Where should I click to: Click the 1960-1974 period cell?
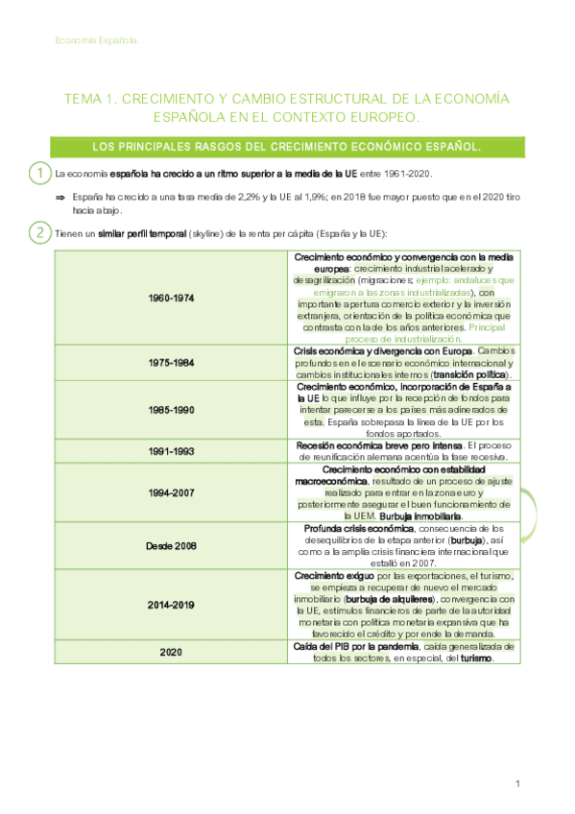tap(172, 299)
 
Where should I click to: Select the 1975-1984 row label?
tap(172, 363)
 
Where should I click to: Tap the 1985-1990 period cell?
tap(172, 409)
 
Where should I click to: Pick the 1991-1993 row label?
tap(172, 451)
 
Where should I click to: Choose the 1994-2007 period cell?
tap(172, 492)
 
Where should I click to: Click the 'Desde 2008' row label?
tap(172, 545)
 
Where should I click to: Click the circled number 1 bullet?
tap(39, 174)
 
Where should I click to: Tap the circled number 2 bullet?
tap(39, 233)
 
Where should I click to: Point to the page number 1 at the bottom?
tap(517, 784)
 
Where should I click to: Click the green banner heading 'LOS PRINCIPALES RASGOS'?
tap(287, 147)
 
